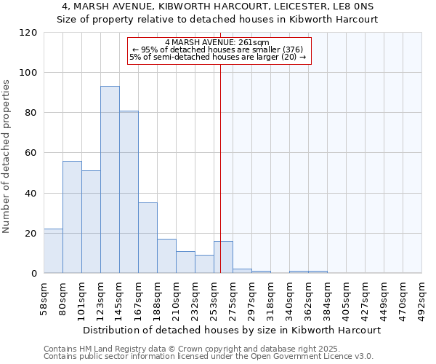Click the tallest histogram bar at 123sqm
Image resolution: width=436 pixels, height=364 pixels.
click(x=110, y=180)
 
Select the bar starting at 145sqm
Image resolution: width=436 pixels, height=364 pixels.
click(x=129, y=192)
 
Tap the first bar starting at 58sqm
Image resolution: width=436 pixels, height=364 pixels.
click(x=53, y=251)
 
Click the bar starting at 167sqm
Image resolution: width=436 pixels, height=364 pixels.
click(x=148, y=238)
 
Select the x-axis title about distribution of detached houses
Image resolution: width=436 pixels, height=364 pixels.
click(x=233, y=330)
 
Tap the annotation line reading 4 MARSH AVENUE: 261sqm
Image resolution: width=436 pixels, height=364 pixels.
click(x=217, y=42)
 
